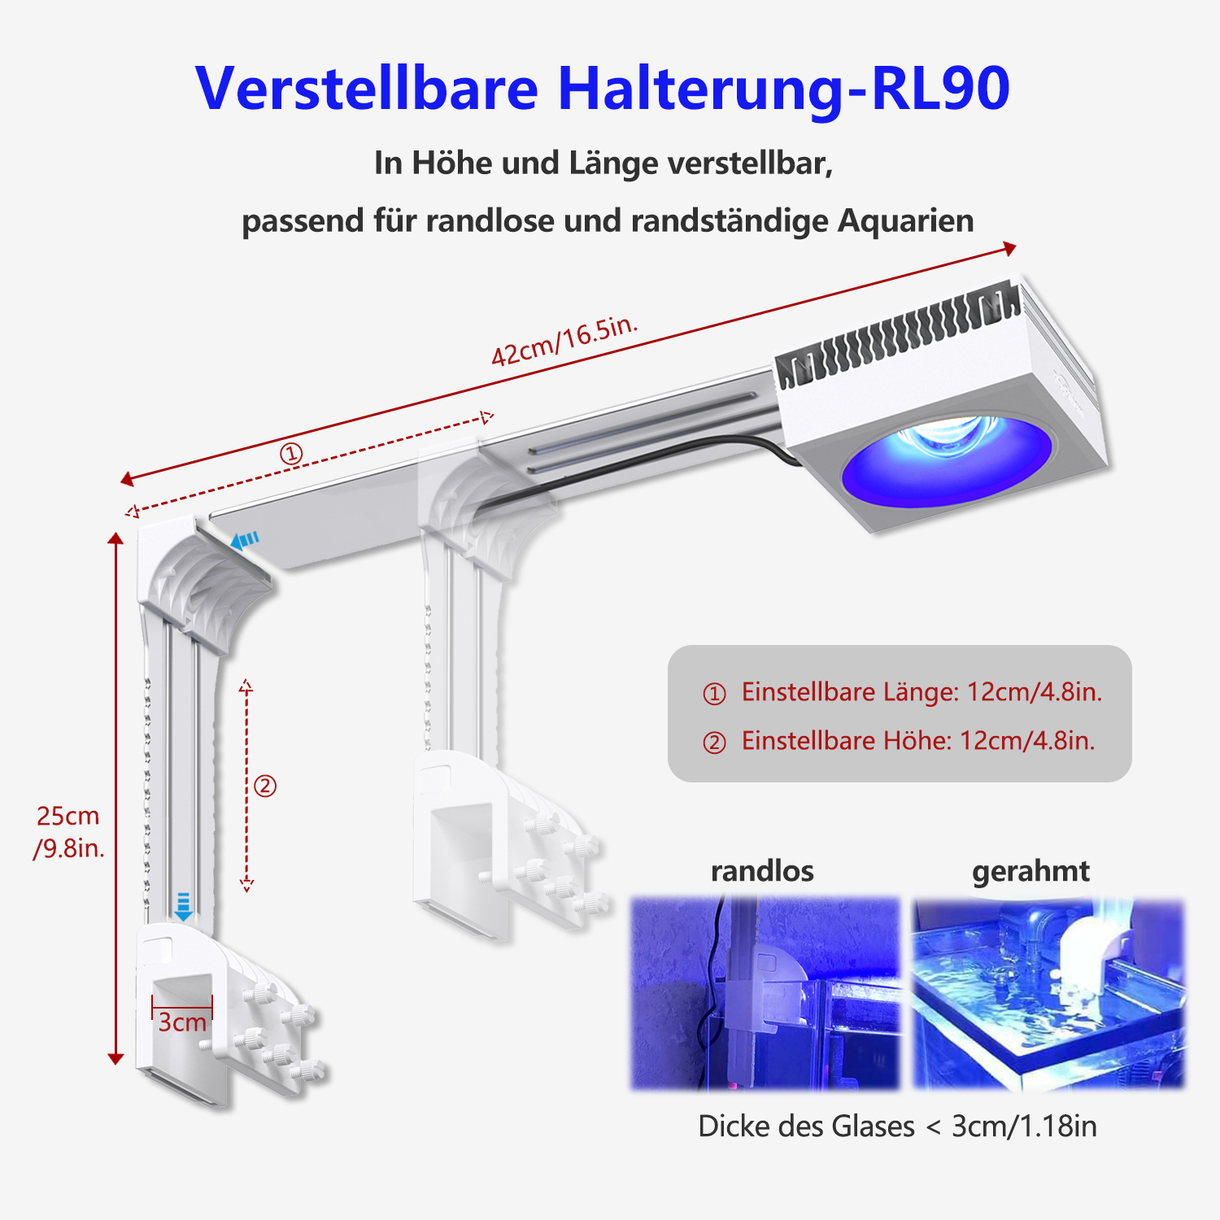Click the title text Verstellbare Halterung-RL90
602,88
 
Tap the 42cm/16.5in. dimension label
564,341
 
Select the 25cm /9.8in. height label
68,832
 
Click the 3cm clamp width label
181,1022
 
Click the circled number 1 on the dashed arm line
291,453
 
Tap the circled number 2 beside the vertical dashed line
265,786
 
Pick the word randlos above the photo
762,871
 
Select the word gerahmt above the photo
1030,871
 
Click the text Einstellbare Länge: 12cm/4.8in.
921,692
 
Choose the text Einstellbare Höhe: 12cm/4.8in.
917,741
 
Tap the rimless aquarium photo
765,993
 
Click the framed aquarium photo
1048,993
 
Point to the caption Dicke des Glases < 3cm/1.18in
897,1126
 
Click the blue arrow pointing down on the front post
184,906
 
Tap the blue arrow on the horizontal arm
245,540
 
